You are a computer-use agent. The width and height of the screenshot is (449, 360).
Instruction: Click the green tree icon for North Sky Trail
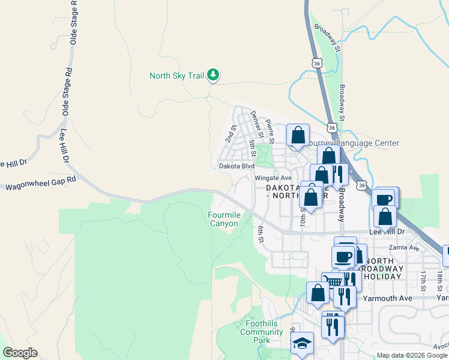point(213,75)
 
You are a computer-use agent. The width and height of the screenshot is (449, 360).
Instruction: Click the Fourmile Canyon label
point(223,219)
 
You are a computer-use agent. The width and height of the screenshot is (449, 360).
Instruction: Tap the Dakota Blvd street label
point(236,166)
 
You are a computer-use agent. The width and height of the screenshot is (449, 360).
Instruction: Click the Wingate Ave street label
point(273,178)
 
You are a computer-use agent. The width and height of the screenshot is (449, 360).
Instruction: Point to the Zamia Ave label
point(405,247)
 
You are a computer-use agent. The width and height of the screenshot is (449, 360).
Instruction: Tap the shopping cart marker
point(330,281)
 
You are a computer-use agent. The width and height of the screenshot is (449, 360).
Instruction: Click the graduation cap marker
point(302,343)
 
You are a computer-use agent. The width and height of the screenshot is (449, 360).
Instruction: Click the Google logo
point(20,353)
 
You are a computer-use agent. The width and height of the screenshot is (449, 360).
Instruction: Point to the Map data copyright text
point(412,355)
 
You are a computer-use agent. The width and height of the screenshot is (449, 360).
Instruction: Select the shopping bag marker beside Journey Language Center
point(298,136)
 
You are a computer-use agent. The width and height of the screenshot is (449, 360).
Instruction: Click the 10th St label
point(303,216)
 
